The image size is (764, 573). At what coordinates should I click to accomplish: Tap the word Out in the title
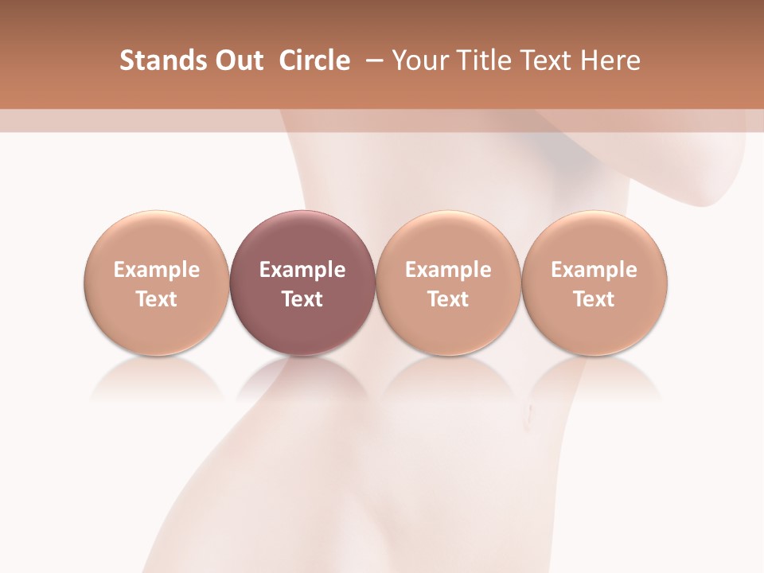[238, 60]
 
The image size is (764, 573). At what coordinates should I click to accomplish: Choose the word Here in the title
[610, 60]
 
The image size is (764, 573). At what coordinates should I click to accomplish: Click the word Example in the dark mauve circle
[302, 270]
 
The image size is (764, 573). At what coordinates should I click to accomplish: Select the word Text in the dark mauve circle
[302, 299]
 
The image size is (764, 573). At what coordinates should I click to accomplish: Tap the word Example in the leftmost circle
[157, 270]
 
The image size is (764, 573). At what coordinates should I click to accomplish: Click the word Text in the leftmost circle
[157, 299]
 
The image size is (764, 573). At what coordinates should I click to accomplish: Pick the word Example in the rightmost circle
[594, 270]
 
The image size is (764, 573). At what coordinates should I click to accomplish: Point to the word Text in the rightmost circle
[594, 299]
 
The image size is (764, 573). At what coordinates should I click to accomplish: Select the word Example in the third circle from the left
[448, 270]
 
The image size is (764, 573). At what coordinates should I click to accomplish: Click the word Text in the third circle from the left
[448, 299]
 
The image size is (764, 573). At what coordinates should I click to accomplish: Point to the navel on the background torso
[528, 411]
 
